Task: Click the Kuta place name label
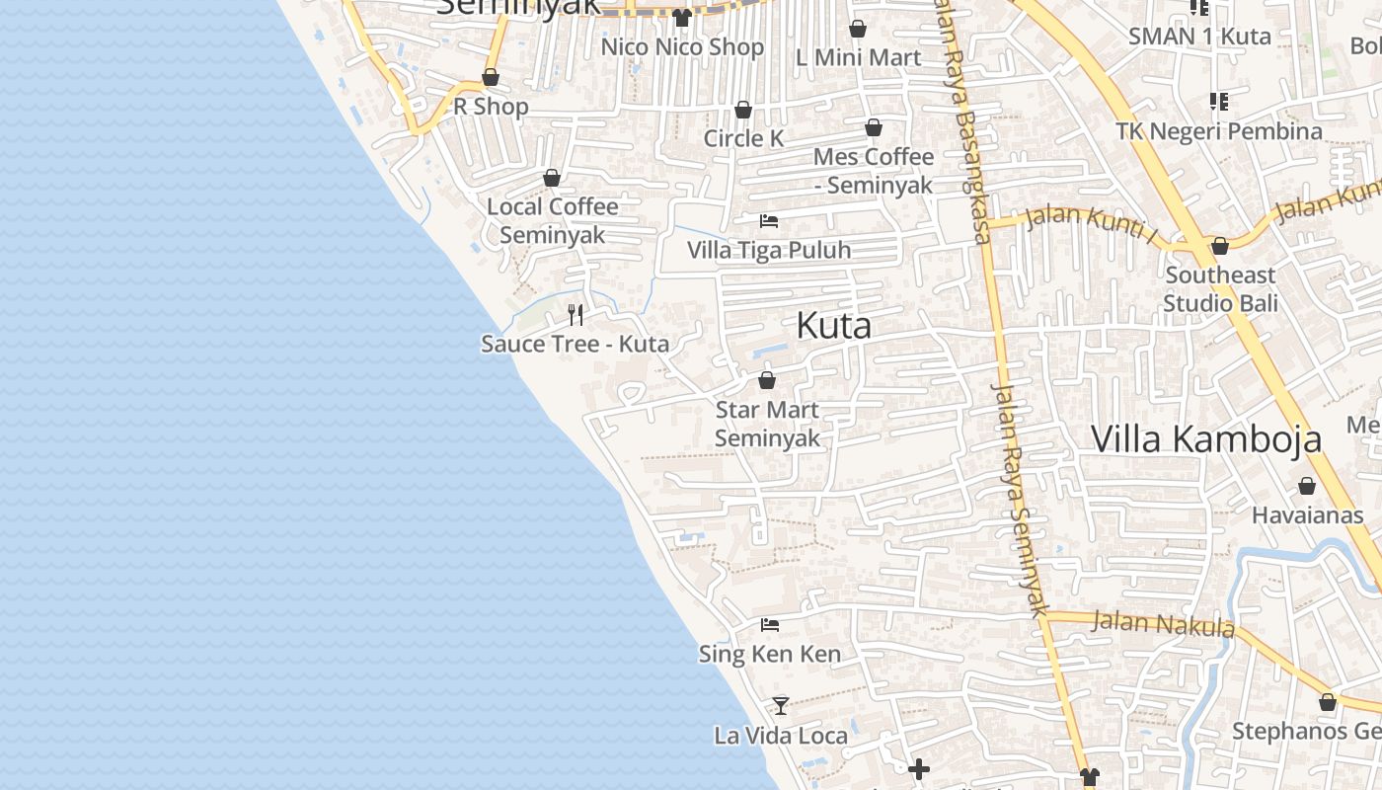tap(833, 326)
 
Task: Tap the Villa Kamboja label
tap(1205, 438)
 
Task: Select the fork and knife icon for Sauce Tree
tap(576, 315)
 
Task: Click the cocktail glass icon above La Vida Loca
tap(781, 705)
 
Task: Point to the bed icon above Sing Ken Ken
tap(770, 625)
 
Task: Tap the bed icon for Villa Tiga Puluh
tap(769, 221)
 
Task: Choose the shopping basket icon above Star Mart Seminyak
tap(767, 380)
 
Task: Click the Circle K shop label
tap(743, 138)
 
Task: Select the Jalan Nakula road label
tap(1163, 624)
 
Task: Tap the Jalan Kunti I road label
tap(1091, 223)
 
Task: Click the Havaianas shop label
tap(1307, 514)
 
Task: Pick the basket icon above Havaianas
tap(1307, 486)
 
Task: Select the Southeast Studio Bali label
tap(1220, 288)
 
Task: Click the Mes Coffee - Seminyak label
tap(873, 171)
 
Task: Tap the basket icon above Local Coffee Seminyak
tap(552, 178)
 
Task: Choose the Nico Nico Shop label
tap(682, 46)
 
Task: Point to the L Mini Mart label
tap(858, 57)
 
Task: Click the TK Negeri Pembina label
tap(1219, 131)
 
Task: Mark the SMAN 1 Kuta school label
tap(1199, 36)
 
